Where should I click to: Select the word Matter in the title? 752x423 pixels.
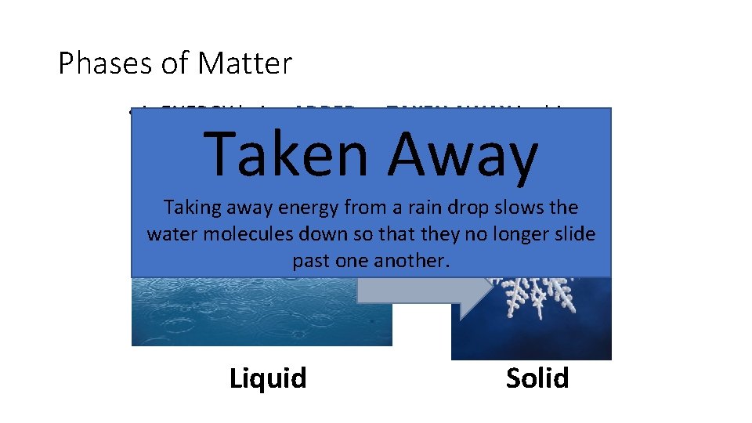(x=245, y=63)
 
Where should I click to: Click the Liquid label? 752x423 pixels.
(x=268, y=378)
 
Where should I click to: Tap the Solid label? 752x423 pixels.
(x=537, y=378)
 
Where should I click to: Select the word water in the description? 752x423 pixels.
(x=171, y=234)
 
